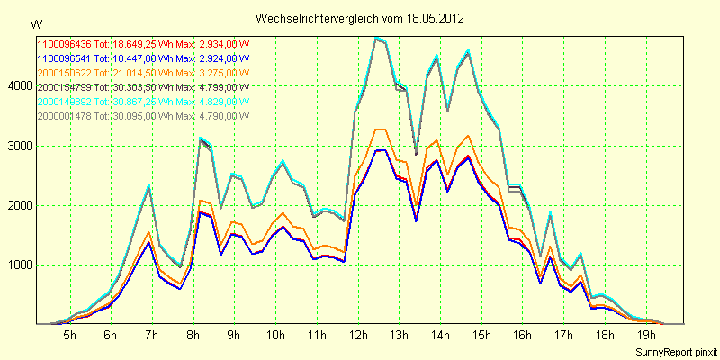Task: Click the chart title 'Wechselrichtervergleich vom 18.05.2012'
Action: (360, 18)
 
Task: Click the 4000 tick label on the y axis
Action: (20, 86)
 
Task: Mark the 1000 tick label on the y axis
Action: (20, 265)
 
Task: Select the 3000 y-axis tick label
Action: (20, 146)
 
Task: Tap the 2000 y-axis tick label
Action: (20, 205)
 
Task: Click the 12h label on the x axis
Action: (357, 336)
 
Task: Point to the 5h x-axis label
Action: (69, 336)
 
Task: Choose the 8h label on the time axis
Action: (193, 336)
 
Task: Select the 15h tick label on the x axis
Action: (481, 336)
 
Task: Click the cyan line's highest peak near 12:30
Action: (378, 38)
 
